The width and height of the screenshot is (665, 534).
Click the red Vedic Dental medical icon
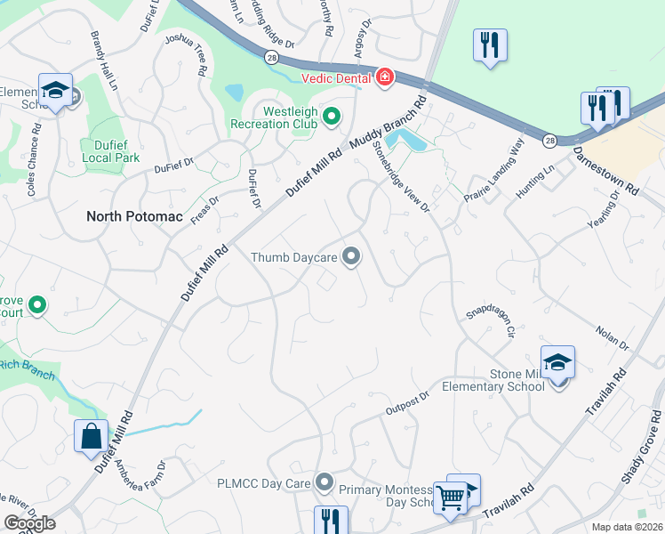385,78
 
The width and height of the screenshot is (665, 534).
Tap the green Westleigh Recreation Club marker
332,116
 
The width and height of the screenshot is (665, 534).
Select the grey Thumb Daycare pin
352,257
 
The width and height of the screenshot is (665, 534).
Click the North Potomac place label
132,216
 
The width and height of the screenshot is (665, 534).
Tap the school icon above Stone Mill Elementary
557,362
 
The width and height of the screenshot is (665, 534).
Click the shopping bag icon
91,436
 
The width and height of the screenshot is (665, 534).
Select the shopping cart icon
451,498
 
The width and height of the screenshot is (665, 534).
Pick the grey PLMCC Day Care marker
324,483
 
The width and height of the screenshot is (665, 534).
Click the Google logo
29,523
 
